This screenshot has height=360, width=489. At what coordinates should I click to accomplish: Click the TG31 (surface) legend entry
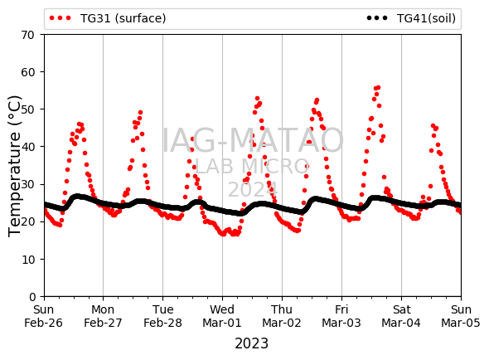coord(108,18)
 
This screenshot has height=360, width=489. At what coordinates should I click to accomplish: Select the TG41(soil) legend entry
coord(411,18)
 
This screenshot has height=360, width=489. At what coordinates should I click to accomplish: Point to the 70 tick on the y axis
coord(27,35)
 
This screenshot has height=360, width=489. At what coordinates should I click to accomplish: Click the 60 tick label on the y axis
coord(27,72)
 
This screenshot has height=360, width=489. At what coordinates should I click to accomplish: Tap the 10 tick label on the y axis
coord(27,260)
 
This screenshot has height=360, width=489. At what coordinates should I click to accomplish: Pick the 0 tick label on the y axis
coord(32,297)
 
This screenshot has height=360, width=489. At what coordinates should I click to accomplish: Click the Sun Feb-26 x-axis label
coord(43,316)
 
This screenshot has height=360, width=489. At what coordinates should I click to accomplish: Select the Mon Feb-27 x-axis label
coord(103,316)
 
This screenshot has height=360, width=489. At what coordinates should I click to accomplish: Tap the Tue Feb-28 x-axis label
coord(162,316)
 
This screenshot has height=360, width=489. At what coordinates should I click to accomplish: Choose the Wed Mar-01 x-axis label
coord(222,316)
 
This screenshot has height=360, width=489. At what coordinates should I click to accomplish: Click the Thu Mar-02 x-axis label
coord(282,316)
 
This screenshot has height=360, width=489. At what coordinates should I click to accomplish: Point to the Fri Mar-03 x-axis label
coord(341,316)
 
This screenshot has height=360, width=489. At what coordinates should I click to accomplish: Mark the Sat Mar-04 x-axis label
coord(401,316)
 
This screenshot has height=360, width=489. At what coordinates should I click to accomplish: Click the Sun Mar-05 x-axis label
coord(461,316)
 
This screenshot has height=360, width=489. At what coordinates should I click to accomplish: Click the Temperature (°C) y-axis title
coord(14,166)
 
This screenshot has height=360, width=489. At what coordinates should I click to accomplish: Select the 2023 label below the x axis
coord(251,343)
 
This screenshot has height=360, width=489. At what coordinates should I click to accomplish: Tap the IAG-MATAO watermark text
coord(253,140)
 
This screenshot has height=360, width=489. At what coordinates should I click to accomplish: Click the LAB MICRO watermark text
coord(252,166)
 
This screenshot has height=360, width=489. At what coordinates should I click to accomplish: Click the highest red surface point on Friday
coord(378,88)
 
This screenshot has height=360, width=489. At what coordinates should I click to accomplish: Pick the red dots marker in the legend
coord(61,18)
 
